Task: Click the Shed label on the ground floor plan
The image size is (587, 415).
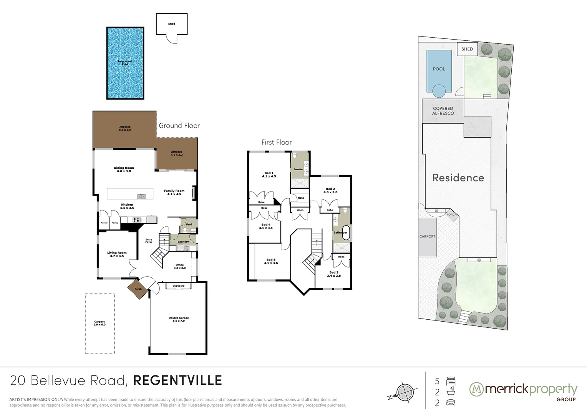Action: (171, 24)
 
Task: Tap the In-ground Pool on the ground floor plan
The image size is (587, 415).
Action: (125, 63)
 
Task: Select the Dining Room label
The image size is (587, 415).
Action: (124, 169)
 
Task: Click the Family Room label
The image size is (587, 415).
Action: (174, 193)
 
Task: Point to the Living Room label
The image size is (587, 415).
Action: (117, 254)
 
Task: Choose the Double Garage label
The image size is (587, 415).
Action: (179, 319)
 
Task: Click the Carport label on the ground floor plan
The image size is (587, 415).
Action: (99, 323)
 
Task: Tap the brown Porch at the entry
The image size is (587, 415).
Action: (138, 289)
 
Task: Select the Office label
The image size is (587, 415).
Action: (179, 266)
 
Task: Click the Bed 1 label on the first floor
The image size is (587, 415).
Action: (269, 174)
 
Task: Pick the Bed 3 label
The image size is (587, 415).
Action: (333, 274)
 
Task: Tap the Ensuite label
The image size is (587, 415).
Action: (298, 169)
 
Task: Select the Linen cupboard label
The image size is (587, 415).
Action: (300, 210)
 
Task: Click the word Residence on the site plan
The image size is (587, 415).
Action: (458, 178)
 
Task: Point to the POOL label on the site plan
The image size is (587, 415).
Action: (439, 69)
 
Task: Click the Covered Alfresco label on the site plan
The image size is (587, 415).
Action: (443, 111)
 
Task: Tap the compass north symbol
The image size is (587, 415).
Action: (403, 392)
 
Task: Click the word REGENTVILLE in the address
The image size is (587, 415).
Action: (177, 380)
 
